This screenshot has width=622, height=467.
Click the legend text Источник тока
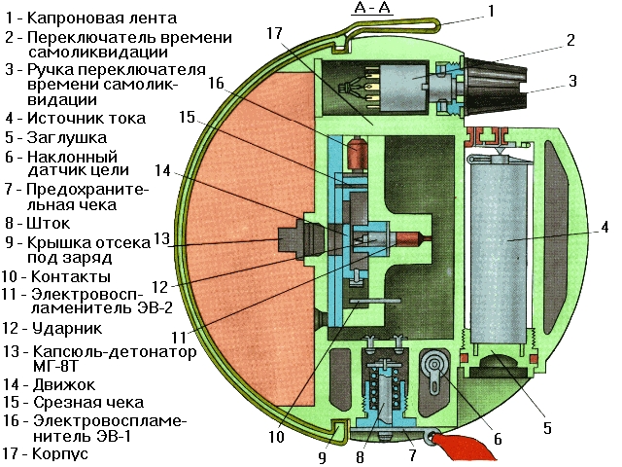(87, 119)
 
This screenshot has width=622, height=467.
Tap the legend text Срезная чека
(86, 402)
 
